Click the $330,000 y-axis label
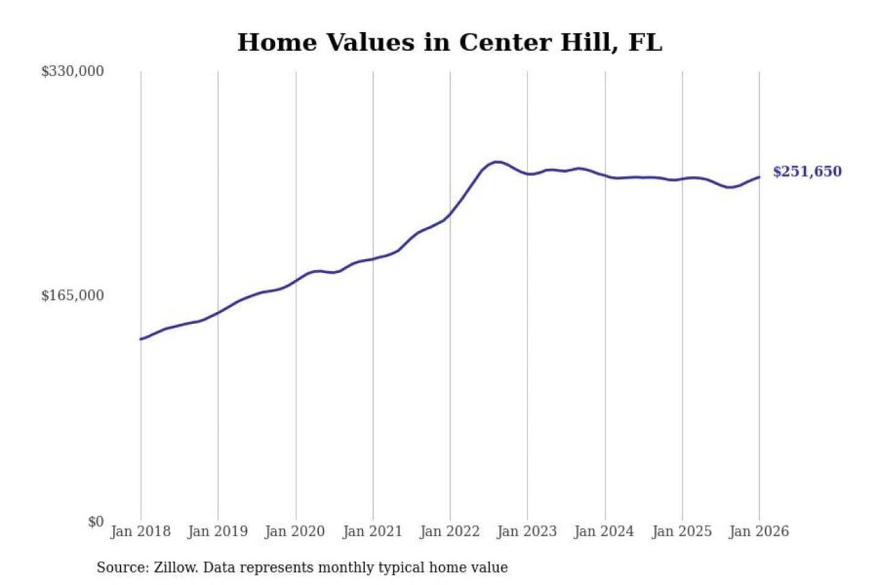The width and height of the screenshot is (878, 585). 73,71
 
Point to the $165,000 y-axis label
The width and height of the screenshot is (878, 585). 73,296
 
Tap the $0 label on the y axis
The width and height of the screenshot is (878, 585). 96,522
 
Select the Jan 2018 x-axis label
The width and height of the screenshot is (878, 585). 141,531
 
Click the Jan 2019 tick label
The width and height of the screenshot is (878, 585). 218,531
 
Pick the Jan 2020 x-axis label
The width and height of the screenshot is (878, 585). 295,531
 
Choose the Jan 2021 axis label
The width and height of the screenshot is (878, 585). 373,531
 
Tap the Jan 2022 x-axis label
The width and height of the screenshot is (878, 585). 450,531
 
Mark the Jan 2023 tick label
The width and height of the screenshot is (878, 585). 527,531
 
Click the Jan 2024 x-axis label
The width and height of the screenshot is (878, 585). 604,531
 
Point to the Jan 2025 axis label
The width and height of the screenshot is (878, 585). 682,531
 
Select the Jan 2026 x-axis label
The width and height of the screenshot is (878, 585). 759,531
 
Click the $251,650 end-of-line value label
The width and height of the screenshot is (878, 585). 807,172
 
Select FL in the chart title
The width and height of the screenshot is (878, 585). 645,43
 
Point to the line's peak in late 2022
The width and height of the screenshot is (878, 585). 497,162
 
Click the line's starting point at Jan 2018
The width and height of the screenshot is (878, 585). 141,339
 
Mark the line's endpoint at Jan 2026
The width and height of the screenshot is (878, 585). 759,177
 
